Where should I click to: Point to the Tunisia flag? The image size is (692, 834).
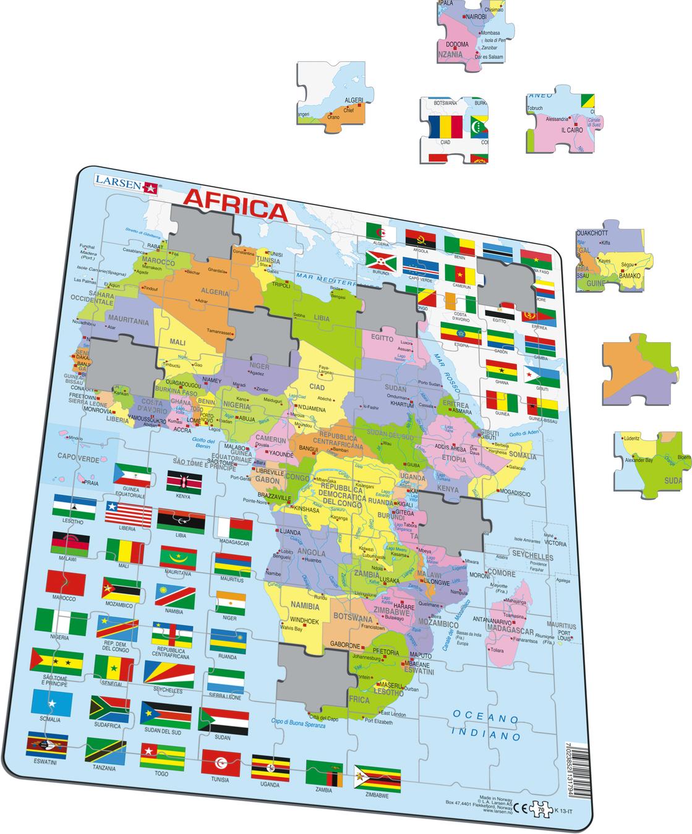coord(220,764)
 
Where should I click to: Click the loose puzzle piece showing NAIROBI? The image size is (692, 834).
coord(475,32)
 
